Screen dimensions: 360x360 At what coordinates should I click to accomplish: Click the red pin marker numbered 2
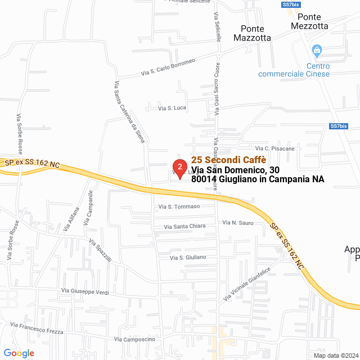(x=179, y=168)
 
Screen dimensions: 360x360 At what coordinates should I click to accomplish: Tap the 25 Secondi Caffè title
(x=228, y=159)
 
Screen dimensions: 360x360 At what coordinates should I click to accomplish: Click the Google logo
(x=19, y=353)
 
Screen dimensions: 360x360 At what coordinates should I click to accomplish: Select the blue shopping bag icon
(x=317, y=51)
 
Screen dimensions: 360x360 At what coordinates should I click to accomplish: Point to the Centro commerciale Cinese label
(x=294, y=70)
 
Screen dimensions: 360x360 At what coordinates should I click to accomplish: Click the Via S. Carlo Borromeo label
(x=168, y=67)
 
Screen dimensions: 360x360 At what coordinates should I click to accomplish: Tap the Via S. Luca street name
(x=172, y=107)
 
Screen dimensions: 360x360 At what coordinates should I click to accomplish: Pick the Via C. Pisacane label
(x=280, y=148)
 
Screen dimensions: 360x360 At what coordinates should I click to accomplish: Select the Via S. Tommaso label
(x=179, y=206)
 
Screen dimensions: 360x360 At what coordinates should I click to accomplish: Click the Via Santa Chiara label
(x=184, y=226)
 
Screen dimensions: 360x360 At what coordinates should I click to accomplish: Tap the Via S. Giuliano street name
(x=188, y=257)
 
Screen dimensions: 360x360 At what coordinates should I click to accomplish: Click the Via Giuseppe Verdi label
(x=85, y=291)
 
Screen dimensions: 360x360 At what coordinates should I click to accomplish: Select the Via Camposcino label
(x=134, y=339)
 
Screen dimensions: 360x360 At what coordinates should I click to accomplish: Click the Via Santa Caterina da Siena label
(x=129, y=111)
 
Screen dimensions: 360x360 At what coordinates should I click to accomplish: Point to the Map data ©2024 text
(x=336, y=355)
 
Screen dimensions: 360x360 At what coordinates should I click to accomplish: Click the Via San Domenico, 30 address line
(x=235, y=169)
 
